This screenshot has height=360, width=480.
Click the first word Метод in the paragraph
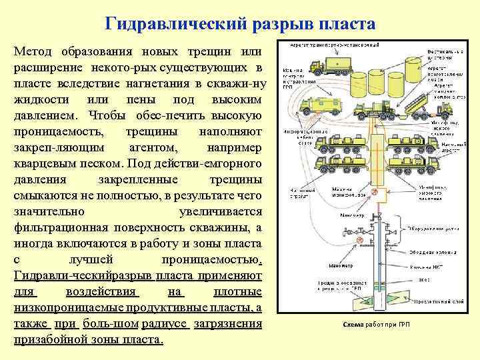[36, 52]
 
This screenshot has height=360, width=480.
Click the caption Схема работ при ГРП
[369, 325]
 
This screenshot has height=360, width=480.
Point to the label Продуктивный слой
[437, 301]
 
